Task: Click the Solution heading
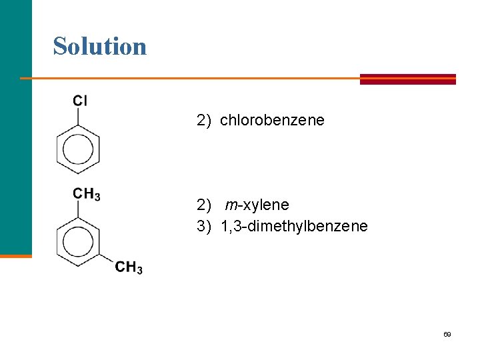pyautogui.click(x=100, y=46)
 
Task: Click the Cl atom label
pyautogui.click(x=80, y=101)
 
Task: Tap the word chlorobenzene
pyautogui.click(x=272, y=120)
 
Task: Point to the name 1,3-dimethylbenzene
pyautogui.click(x=294, y=227)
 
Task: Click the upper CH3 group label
pyautogui.click(x=87, y=194)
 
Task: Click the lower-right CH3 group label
pyautogui.click(x=129, y=268)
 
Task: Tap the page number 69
pyautogui.click(x=447, y=334)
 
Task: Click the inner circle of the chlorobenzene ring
pyautogui.click(x=79, y=150)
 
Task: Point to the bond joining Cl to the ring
pyautogui.click(x=79, y=117)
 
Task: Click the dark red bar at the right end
pyautogui.click(x=407, y=79)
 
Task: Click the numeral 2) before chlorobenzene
pyautogui.click(x=204, y=120)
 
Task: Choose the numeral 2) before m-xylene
pyautogui.click(x=204, y=205)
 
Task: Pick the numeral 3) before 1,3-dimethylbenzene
pyautogui.click(x=204, y=227)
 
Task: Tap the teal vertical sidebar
pyautogui.click(x=15, y=127)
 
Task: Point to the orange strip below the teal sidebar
pyautogui.click(x=15, y=255)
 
